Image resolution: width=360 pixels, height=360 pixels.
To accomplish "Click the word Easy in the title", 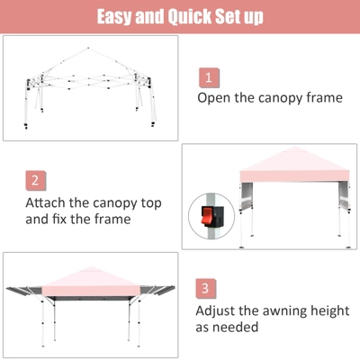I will click(118, 17).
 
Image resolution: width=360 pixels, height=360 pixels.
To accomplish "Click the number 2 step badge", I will click(35, 180).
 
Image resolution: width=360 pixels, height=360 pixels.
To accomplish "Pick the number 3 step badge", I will click(208, 289).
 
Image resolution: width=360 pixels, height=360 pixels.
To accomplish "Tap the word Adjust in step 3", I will click(218, 310).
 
